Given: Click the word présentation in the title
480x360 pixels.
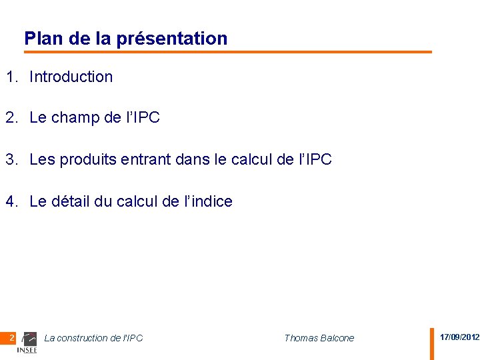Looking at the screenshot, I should point(172,39).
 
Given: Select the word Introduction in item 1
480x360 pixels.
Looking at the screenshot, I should point(71,77).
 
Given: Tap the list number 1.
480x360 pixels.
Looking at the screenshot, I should point(11,77).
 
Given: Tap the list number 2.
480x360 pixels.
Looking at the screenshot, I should point(11,118).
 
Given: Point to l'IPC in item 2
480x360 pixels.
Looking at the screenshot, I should point(142,118).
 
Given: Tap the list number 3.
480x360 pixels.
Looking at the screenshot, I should point(11,159).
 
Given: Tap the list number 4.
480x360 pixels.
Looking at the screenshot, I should point(11,201).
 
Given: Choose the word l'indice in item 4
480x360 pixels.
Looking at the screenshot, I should point(208,201).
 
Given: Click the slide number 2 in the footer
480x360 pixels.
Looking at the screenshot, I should point(12,338).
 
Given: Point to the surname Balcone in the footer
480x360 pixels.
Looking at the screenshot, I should point(337,338).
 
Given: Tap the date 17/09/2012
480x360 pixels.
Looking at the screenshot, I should point(459,337).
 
